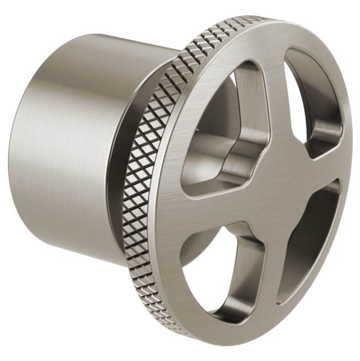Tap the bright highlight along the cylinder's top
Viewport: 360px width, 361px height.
[111, 42]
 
